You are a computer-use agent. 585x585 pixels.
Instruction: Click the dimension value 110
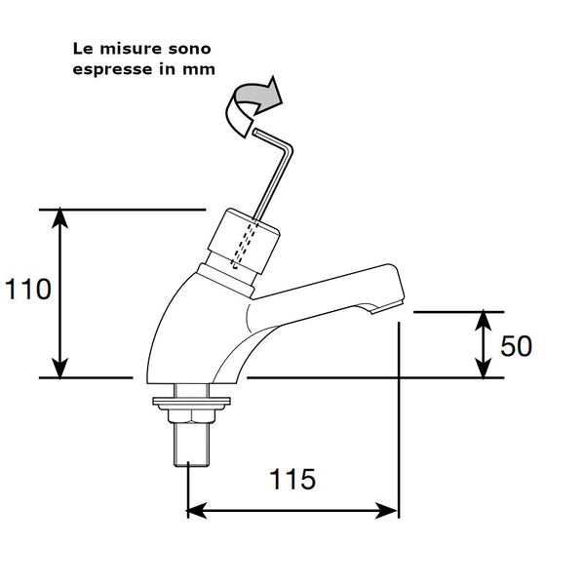[x=27, y=290]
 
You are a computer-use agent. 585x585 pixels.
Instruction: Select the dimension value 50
[x=516, y=346]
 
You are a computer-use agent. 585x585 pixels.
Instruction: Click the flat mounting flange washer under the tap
[x=193, y=398]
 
